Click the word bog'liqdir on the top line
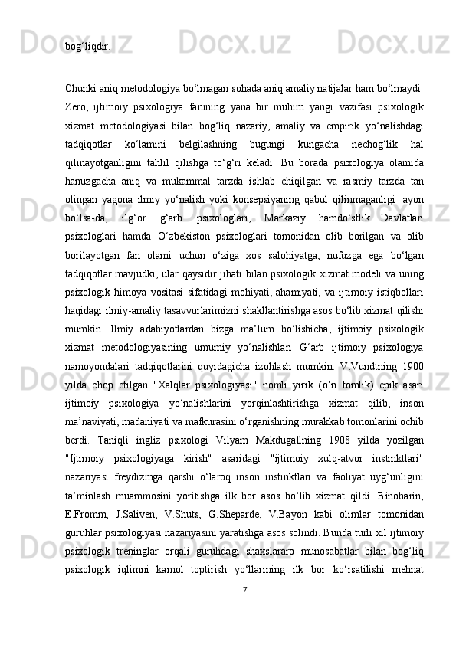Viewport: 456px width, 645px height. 87,46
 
